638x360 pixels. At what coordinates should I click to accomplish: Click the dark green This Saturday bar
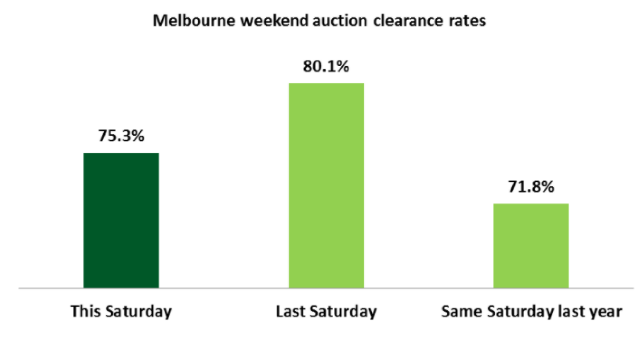pyautogui.click(x=121, y=220)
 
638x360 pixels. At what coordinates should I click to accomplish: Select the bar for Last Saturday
pyautogui.click(x=326, y=186)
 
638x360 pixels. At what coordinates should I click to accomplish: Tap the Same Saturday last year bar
pyautogui.click(x=531, y=246)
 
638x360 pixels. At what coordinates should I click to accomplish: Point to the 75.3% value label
pyautogui.click(x=121, y=136)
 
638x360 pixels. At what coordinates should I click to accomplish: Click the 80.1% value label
pyautogui.click(x=326, y=67)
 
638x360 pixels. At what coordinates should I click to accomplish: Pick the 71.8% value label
pyautogui.click(x=531, y=186)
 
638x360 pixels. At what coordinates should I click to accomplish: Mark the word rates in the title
pyautogui.click(x=467, y=20)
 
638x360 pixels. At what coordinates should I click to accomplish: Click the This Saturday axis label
pyautogui.click(x=121, y=311)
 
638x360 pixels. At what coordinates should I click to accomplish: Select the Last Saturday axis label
pyautogui.click(x=326, y=311)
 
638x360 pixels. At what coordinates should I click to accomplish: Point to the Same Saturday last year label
pyautogui.click(x=531, y=311)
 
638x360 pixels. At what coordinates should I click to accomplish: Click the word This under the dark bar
pyautogui.click(x=85, y=311)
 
